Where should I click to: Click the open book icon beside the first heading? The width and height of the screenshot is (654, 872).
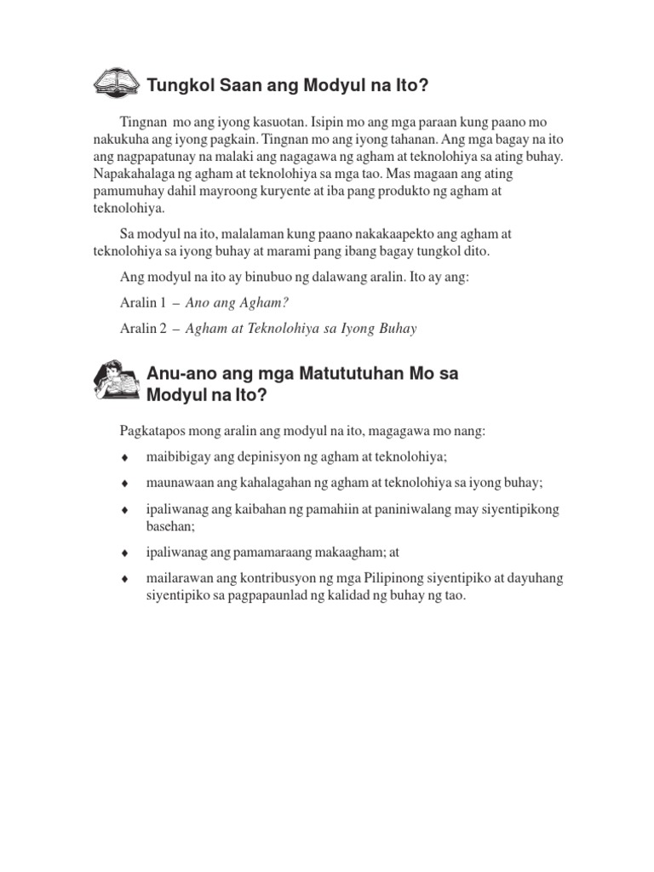(116, 83)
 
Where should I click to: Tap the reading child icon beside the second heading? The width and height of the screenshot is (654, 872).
(117, 382)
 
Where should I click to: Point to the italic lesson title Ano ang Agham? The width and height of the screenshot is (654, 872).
(238, 303)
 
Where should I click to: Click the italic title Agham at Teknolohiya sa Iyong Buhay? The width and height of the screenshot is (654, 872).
(301, 329)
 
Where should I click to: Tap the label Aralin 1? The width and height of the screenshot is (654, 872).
(139, 303)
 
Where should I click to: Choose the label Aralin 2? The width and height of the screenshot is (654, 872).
(139, 329)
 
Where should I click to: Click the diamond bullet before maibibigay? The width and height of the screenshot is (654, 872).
(125, 457)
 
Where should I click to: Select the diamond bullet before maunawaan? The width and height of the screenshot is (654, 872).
(125, 483)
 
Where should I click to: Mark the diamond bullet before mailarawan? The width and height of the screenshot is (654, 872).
(125, 579)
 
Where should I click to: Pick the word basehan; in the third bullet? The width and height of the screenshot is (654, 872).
(173, 526)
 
